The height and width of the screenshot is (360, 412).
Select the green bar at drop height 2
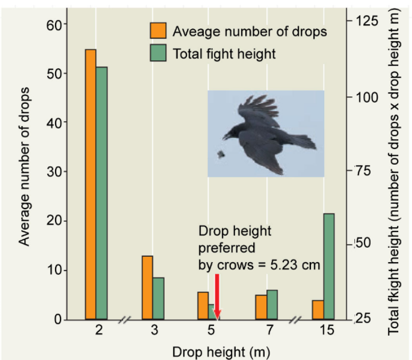coord(102,193)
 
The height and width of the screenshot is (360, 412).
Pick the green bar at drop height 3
coord(158,299)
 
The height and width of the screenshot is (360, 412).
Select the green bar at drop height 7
coord(272,305)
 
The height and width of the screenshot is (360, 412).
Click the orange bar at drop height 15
coord(318,310)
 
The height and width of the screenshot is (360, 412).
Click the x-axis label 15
coord(327,331)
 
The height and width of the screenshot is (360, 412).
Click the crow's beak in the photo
coord(226,137)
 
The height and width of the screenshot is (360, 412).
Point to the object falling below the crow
coord(221,155)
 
